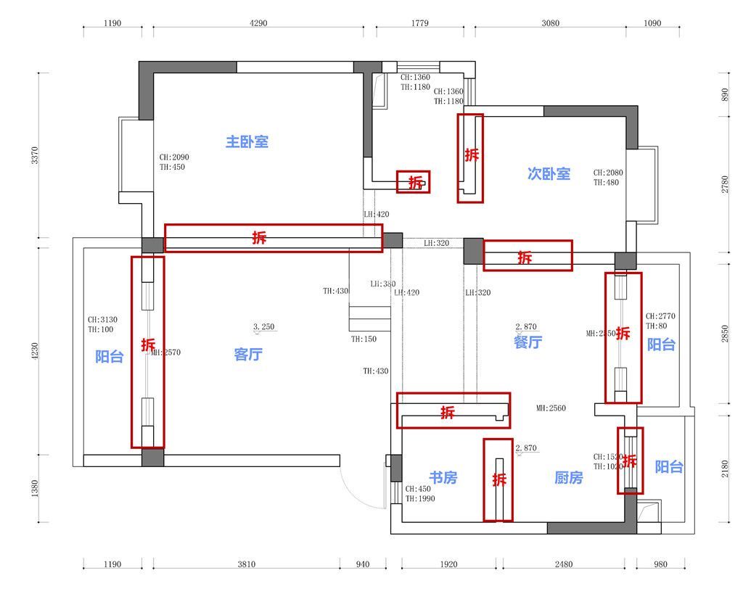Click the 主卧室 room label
247,141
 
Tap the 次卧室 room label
549,173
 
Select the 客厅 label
248,355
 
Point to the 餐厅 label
528,342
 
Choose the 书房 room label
443,478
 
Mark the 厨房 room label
568,478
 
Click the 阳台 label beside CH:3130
110,357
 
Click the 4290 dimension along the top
258,23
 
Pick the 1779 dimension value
419,23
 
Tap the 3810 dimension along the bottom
247,564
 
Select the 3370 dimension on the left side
35,156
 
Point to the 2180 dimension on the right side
725,469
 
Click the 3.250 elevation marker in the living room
264,327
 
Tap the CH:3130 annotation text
102,319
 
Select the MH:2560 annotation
551,408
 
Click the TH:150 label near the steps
364,339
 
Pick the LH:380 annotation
382,284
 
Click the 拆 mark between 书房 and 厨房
498,479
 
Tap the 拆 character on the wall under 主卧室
259,237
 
